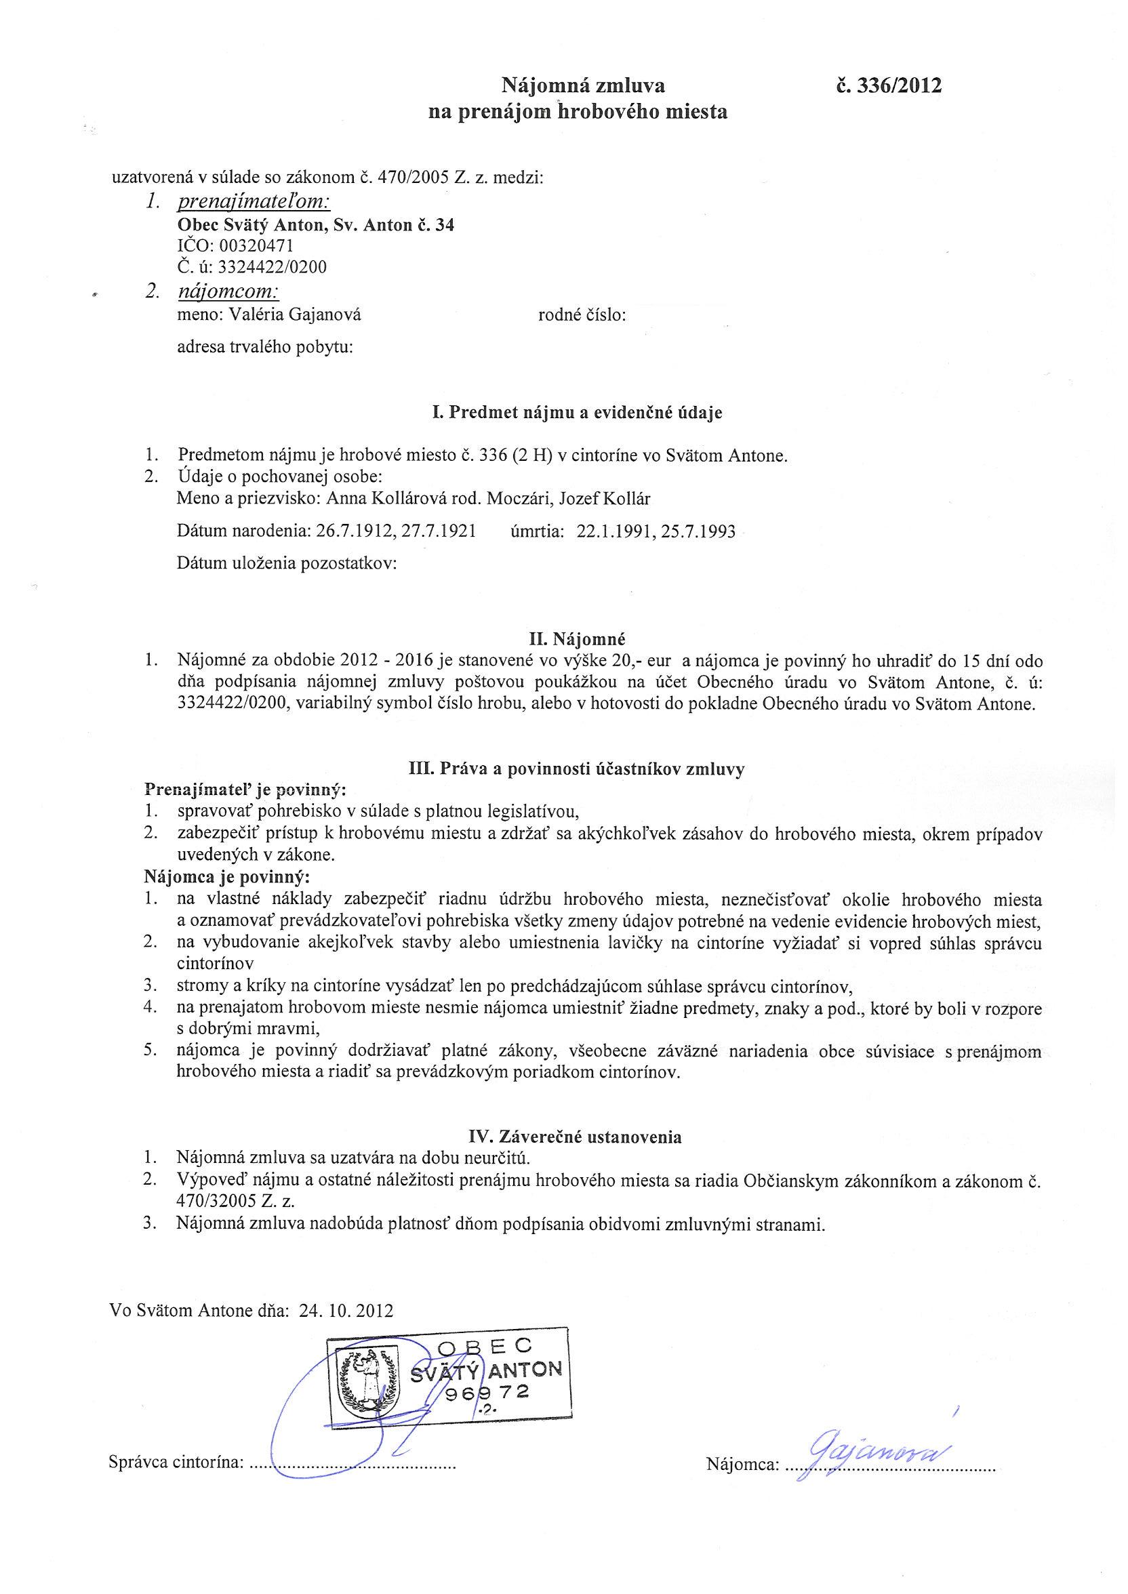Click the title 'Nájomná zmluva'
tap(584, 86)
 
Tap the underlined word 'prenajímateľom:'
tap(254, 201)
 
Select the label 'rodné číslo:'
tap(582, 315)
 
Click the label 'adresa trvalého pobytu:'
tap(265, 346)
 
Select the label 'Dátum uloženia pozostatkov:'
tap(287, 563)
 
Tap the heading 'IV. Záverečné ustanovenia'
tap(576, 1137)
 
